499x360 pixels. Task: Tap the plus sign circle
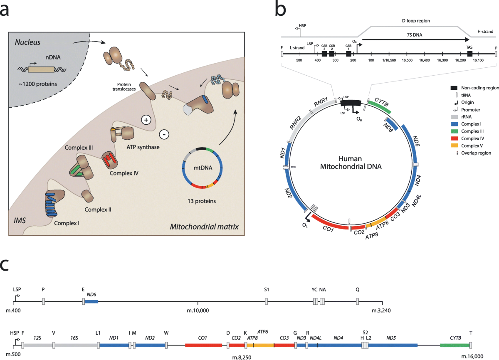(146, 120)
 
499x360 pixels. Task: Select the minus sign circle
(164, 135)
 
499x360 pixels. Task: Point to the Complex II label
(98, 210)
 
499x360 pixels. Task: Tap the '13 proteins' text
(202, 202)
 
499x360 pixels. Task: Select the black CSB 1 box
(348, 54)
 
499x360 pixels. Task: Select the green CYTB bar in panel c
(455, 345)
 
